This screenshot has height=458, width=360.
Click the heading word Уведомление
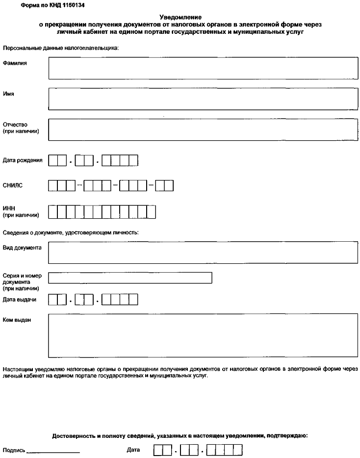point(181,17)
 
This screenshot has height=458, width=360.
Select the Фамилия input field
point(203,68)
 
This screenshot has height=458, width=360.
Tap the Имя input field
point(203,99)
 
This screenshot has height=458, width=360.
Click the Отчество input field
point(203,129)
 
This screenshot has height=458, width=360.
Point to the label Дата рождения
point(23,160)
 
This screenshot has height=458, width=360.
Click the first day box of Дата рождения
point(53,160)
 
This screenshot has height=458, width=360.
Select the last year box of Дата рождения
point(134,160)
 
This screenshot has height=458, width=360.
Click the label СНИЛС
point(13,186)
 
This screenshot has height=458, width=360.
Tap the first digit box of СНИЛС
point(53,186)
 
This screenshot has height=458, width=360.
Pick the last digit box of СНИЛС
point(169,186)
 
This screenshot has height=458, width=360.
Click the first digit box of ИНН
point(53,211)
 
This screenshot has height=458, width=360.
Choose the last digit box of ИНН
point(152,211)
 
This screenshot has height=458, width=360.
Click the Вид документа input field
point(203,252)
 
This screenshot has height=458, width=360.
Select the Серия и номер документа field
point(130,278)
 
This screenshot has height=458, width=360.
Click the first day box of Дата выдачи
point(53,299)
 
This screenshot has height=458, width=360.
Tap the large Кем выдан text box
point(203,336)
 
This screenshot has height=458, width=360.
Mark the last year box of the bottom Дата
point(238,450)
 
